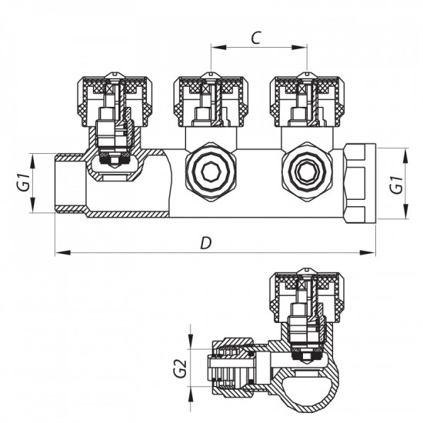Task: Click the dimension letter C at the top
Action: (257, 36)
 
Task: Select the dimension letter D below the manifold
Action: (205, 242)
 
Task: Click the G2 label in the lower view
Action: (181, 368)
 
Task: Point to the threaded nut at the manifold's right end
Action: (359, 183)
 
